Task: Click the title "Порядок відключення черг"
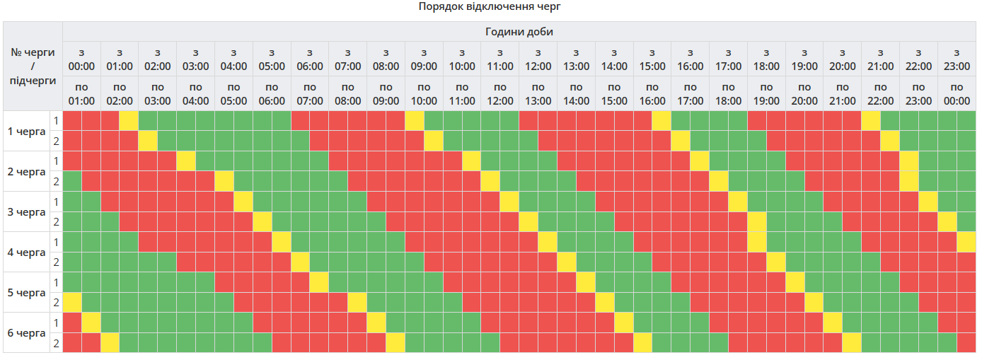(x=490, y=6)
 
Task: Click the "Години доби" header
(x=519, y=32)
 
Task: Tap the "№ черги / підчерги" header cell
(x=33, y=66)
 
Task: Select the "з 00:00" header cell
(x=81, y=59)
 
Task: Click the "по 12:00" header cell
(x=500, y=93)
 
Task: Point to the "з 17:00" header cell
(x=728, y=59)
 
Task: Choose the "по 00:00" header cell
(x=957, y=93)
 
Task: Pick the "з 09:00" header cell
(x=424, y=59)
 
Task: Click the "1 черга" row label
(x=26, y=131)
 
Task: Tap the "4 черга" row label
(x=26, y=252)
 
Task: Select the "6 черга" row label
(x=26, y=332)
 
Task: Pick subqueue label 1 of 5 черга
(x=56, y=282)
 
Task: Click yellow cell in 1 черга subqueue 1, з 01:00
(x=129, y=121)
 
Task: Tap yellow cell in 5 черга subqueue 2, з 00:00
(x=72, y=302)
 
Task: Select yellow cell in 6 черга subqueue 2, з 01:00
(x=110, y=343)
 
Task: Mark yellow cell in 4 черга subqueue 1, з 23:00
(x=966, y=242)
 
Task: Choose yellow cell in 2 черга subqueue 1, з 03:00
(x=186, y=161)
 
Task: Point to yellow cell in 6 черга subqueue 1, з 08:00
(x=376, y=323)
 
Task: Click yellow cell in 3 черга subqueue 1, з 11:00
(x=509, y=202)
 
